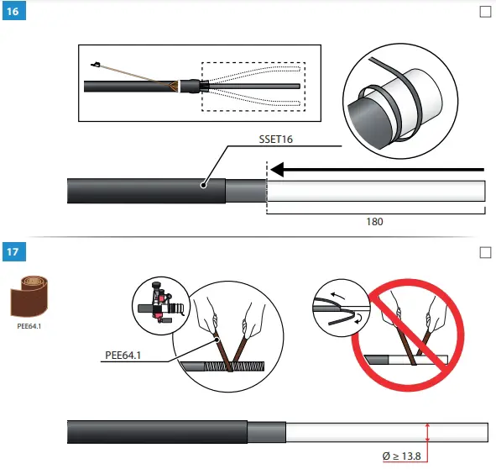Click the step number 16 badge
click(13, 13)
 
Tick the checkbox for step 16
click(484, 13)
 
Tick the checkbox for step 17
click(484, 252)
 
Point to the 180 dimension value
click(375, 223)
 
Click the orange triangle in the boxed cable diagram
click(171, 85)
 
